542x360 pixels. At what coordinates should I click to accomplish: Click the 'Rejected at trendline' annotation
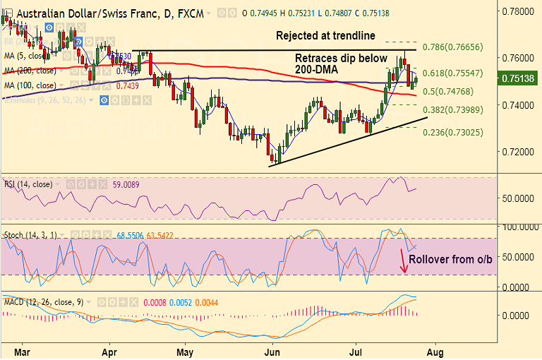[325, 35]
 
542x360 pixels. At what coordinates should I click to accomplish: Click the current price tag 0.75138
[519, 79]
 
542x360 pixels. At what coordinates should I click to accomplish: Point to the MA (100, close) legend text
[30, 85]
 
